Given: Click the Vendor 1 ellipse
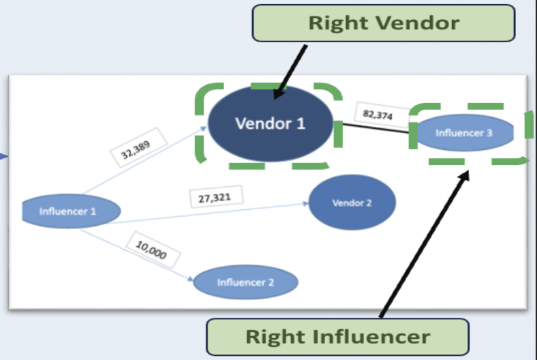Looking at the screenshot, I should coord(270,123).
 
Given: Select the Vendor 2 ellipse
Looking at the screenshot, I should coord(352,202).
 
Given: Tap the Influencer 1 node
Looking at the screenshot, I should coord(67,211).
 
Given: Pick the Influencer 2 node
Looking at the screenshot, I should coord(245,282).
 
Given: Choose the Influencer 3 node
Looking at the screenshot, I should coord(464,133).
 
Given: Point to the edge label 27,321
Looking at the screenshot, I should coord(214,198).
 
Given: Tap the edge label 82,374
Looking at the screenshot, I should coord(378,115).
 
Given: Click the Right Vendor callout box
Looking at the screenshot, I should coord(384,23).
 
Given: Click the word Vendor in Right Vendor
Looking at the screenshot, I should coord(421,23).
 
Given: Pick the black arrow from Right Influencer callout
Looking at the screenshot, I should coord(423,245).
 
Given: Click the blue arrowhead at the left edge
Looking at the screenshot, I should coord(3,158).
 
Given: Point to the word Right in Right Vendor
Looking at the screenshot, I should coord(337,23).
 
